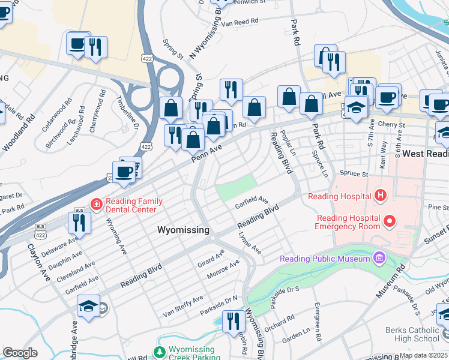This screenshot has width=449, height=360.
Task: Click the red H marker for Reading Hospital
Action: coord(379,195)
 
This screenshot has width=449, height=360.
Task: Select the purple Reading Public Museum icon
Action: coord(379,259)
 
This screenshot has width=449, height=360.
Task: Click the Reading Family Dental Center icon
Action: coord(95,204)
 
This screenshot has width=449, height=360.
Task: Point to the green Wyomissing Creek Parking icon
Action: coord(159,352)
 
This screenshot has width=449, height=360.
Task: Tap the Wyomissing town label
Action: coord(183,230)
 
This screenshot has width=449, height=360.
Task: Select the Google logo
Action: coord(20,353)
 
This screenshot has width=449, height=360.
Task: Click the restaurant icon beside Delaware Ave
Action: coord(79,223)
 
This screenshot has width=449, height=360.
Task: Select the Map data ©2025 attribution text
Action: coord(423,355)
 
